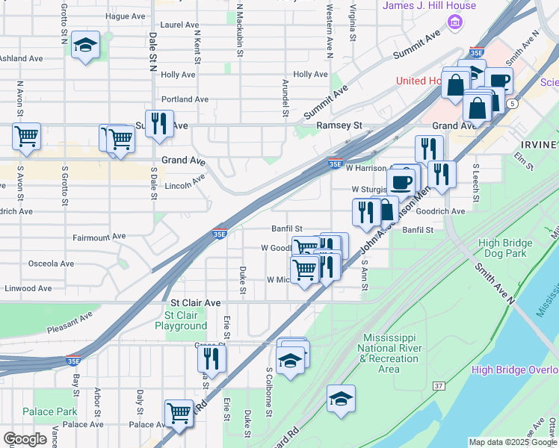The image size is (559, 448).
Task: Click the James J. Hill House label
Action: click(x=429, y=6)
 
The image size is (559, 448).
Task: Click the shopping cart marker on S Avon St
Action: click(x=26, y=137)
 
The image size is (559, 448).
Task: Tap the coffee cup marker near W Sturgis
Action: click(x=401, y=181)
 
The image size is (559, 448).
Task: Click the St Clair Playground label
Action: click(x=181, y=320)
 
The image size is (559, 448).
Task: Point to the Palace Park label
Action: click(x=49, y=411)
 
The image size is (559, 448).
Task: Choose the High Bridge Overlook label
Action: click(x=514, y=370)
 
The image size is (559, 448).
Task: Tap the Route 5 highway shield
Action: click(x=511, y=102)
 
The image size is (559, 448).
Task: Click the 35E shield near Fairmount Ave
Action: click(x=220, y=233)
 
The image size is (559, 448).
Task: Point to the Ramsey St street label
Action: click(x=339, y=126)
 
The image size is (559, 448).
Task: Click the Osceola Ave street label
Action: click(x=51, y=264)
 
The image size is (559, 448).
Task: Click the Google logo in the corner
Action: click(x=25, y=439)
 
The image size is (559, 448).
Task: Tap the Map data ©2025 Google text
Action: click(x=512, y=442)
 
